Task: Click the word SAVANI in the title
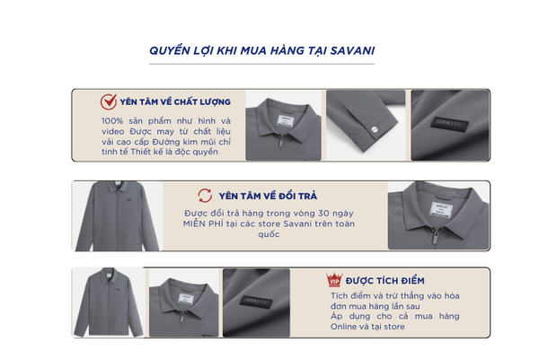pyautogui.click(x=352, y=51)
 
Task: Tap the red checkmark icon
pyautogui.click(x=109, y=101)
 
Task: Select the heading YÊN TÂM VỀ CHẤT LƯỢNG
pyautogui.click(x=175, y=102)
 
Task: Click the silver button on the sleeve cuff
pyautogui.click(x=375, y=129)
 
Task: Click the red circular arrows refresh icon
pyautogui.click(x=205, y=196)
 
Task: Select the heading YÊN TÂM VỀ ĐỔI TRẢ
pyautogui.click(x=268, y=196)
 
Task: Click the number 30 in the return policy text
pyautogui.click(x=323, y=214)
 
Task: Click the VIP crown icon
pyautogui.click(x=334, y=279)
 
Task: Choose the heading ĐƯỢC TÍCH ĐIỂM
pyautogui.click(x=385, y=281)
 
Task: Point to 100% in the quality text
pyautogui.click(x=112, y=121)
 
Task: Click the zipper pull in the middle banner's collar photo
pyautogui.click(x=436, y=237)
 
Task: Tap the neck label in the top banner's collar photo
pyautogui.click(x=286, y=121)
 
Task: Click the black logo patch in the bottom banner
pyautogui.click(x=256, y=302)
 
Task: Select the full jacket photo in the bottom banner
pyautogui.click(x=109, y=302)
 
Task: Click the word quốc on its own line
pyautogui.click(x=269, y=234)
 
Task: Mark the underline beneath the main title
pyautogui.click(x=261, y=64)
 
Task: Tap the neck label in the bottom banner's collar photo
pyautogui.click(x=186, y=299)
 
